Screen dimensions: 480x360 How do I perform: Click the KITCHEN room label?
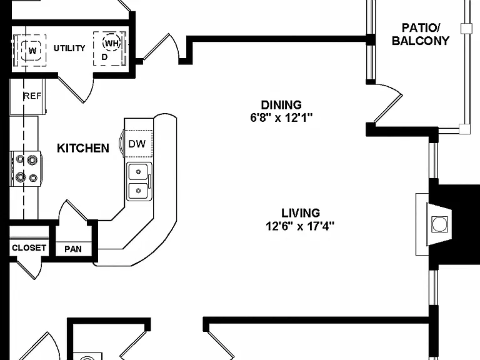click(x=83, y=148)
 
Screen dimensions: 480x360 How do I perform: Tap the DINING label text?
click(x=281, y=105)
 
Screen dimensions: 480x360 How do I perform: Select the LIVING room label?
click(x=301, y=212)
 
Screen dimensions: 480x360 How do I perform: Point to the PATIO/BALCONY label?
click(x=421, y=34)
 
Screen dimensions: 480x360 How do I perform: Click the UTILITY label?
click(x=69, y=48)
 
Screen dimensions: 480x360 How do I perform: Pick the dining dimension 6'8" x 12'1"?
click(x=281, y=117)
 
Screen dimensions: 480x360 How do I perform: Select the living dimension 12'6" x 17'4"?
click(x=300, y=226)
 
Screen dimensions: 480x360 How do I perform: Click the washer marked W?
click(x=32, y=50)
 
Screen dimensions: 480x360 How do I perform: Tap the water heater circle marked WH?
click(x=111, y=43)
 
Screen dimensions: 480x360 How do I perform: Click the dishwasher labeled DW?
click(x=138, y=144)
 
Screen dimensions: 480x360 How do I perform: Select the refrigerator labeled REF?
click(x=27, y=96)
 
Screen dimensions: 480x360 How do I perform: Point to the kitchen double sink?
click(x=139, y=181)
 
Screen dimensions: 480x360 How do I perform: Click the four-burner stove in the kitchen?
click(x=26, y=169)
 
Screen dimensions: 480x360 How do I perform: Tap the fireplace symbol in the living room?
click(x=439, y=224)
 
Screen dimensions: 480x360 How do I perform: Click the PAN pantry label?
click(x=73, y=249)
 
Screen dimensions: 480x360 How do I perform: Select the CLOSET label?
click(x=29, y=247)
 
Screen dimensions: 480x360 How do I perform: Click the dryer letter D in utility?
click(x=105, y=57)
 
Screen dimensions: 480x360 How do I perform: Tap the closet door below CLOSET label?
click(x=30, y=269)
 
